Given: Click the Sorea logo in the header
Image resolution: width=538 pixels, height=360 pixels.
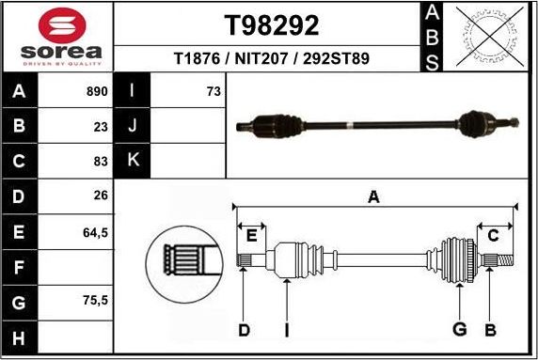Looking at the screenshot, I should [56, 36].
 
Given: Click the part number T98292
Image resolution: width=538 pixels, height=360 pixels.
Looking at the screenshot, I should [272, 24].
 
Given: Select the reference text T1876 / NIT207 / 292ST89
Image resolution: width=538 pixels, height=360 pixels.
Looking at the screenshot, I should [272, 58].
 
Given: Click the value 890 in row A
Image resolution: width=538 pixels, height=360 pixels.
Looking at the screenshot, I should [97, 92].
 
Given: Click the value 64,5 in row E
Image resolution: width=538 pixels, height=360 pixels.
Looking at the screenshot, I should [97, 231].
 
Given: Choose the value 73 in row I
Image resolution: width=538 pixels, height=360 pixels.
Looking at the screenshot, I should [214, 92].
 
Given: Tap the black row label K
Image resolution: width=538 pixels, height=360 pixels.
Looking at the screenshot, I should [133, 160].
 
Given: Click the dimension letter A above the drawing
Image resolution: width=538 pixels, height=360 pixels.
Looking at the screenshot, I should [373, 196].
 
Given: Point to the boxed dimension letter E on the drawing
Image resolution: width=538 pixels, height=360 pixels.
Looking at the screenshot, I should [250, 235].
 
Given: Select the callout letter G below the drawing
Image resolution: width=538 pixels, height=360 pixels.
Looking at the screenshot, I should [460, 329].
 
